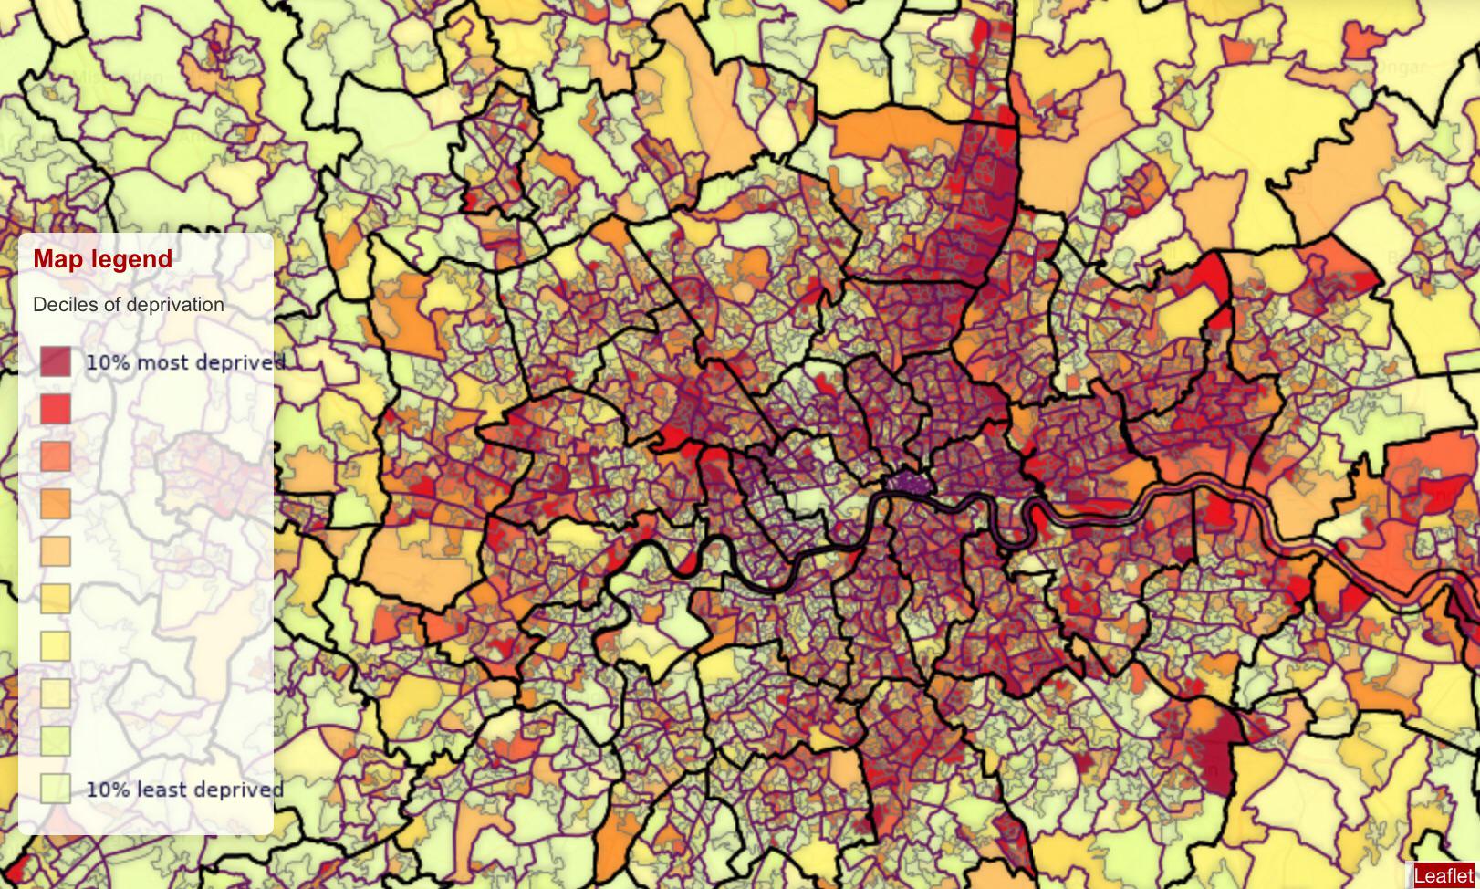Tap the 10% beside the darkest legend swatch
point(108,362)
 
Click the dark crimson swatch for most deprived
point(56,361)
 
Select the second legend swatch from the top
point(56,409)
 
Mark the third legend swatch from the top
point(56,456)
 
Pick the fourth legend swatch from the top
point(56,504)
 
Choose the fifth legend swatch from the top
point(56,551)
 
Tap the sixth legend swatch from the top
point(56,599)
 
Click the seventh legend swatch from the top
point(56,646)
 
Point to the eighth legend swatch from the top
point(56,694)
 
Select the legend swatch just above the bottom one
point(56,741)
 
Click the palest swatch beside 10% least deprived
point(56,789)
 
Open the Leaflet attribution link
point(1444,876)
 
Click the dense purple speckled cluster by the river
point(909,483)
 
